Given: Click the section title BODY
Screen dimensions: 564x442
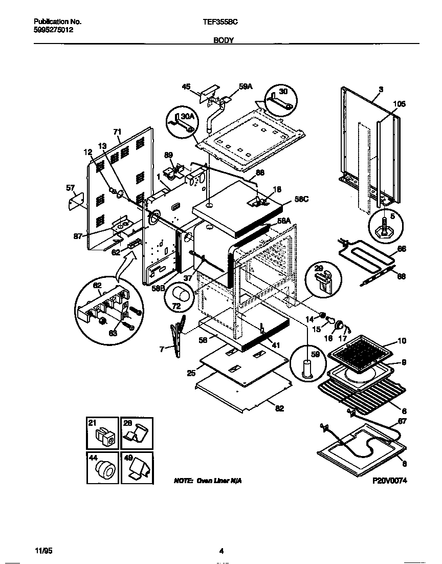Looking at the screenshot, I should (224, 39).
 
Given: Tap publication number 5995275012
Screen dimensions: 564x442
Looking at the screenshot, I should (53, 30).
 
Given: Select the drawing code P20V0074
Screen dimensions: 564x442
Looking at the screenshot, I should (389, 482).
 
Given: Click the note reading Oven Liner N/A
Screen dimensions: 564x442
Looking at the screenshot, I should (207, 482).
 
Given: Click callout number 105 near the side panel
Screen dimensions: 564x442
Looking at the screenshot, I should (399, 104).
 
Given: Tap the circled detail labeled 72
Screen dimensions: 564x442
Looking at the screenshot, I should (180, 297).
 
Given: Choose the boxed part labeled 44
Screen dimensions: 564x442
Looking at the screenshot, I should (101, 467).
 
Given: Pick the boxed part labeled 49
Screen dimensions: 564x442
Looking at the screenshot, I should (136, 467).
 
